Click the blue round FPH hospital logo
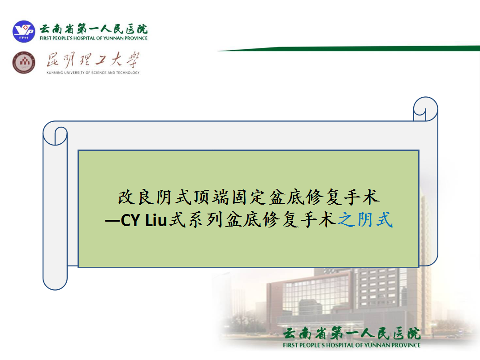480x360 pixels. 24,31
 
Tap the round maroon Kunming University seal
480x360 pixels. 24,62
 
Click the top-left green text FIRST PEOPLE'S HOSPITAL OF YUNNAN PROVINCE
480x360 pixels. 93,38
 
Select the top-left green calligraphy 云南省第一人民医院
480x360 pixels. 93,29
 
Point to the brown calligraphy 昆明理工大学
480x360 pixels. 93,60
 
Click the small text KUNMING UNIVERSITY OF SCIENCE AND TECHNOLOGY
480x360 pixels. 93,73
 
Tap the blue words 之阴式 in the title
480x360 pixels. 365,219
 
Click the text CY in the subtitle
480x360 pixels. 130,220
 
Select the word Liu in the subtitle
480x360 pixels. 156,220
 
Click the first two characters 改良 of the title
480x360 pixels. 135,197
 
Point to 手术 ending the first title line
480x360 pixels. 362,197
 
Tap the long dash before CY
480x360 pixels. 112,221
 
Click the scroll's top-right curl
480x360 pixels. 425,109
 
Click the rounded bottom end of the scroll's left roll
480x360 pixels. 55,283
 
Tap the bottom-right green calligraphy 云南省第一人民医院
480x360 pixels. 352,334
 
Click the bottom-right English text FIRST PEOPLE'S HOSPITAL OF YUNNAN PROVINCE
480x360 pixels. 352,345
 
